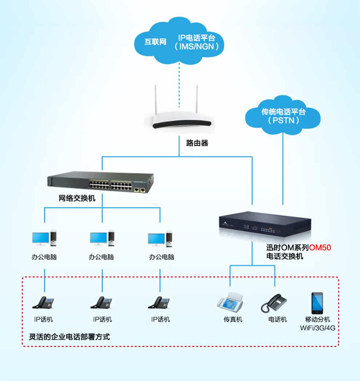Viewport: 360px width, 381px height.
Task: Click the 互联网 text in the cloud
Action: (x=155, y=42)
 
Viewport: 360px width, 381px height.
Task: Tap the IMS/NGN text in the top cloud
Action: (x=197, y=47)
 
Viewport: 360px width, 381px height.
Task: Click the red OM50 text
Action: (x=320, y=248)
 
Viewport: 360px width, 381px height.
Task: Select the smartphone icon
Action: (x=317, y=303)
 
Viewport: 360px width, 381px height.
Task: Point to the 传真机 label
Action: (x=233, y=320)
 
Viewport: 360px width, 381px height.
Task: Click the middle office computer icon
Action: (x=101, y=238)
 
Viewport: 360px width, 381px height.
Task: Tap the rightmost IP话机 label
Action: (x=160, y=320)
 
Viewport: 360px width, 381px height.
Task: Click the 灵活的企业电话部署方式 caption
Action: (x=69, y=337)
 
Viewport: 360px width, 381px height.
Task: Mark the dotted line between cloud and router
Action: (x=179, y=84)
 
